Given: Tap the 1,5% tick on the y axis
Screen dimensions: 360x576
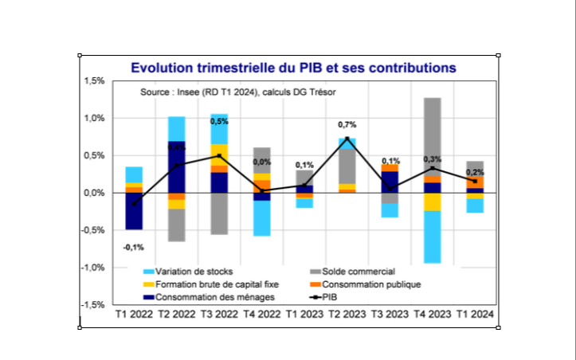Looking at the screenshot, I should click(94, 81).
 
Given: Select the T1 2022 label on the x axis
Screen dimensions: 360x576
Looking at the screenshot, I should click(134, 316).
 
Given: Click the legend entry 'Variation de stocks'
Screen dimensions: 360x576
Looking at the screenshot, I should click(194, 272).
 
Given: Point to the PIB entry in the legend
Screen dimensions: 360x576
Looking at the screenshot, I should click(347, 296).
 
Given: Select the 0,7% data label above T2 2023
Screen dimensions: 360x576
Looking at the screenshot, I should click(347, 125).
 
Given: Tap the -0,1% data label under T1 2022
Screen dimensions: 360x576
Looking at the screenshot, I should click(133, 248).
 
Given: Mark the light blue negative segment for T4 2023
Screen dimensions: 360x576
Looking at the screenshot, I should click(433, 237).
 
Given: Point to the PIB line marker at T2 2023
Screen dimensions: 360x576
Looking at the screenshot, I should click(347, 139).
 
